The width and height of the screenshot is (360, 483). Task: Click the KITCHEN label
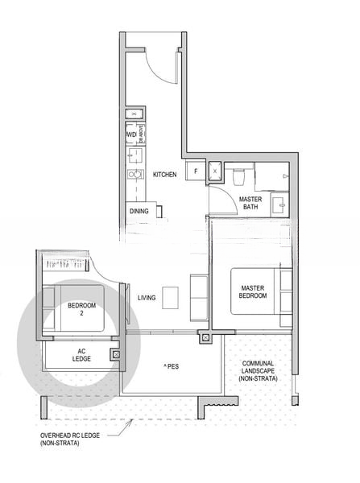(165, 175)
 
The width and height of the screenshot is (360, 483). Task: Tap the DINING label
(139, 212)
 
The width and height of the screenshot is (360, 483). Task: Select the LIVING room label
(146, 298)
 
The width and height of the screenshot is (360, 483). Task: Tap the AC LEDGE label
(82, 355)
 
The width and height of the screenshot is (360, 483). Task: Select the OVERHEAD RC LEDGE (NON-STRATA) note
(68, 439)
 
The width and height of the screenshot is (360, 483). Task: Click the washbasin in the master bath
(277, 203)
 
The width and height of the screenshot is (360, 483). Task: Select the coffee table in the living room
(170, 298)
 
